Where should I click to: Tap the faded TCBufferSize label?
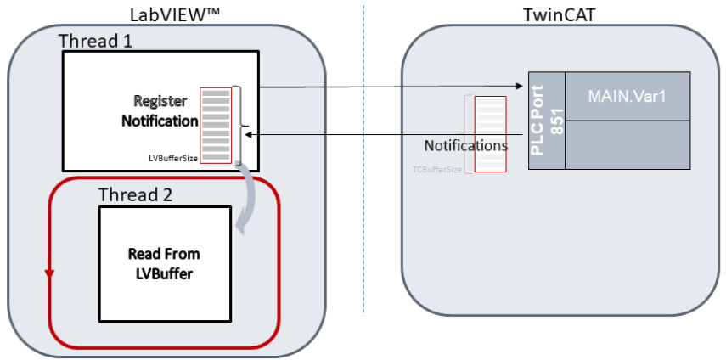click(x=437, y=169)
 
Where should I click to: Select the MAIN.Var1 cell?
click(x=627, y=95)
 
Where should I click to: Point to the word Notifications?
click(x=466, y=145)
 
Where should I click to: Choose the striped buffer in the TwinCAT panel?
click(x=490, y=133)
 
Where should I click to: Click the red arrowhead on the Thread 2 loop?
click(x=49, y=273)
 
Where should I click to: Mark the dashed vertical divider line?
click(x=363, y=170)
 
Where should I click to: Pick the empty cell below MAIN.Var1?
click(x=627, y=144)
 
